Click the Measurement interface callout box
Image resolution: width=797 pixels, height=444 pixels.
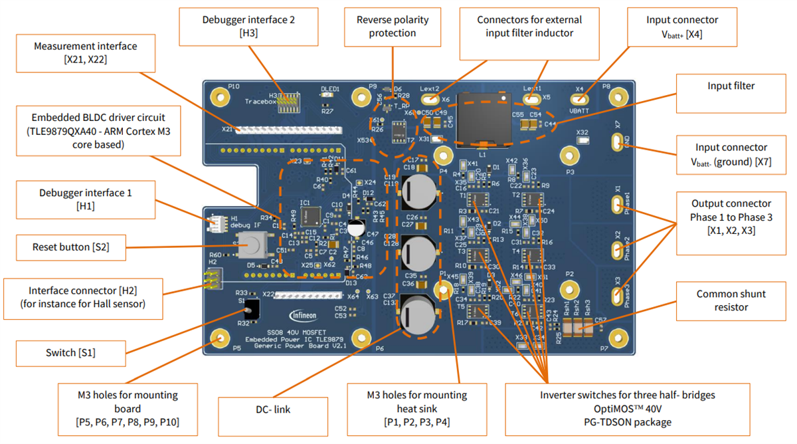coord(86,53)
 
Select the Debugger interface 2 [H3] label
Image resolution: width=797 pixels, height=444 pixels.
coord(248,27)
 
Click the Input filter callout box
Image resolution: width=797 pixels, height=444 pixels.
coord(731,86)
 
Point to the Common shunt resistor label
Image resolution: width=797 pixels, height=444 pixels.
coord(731,300)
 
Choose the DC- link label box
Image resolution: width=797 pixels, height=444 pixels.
coord(272,409)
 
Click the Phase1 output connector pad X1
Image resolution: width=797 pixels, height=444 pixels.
coord(617,203)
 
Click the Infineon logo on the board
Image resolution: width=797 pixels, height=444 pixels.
coord(302,315)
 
